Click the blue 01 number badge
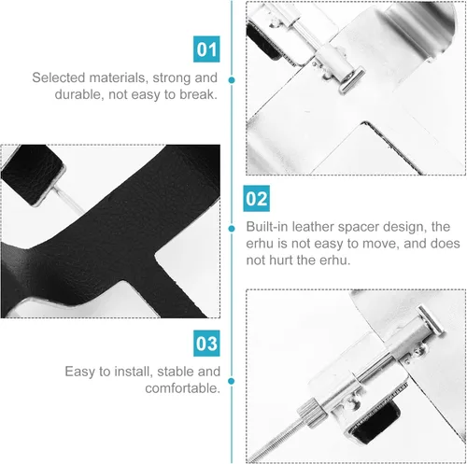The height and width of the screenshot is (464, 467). [206, 49]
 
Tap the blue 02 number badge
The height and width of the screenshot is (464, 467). [256, 199]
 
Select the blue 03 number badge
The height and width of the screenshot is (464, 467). [206, 344]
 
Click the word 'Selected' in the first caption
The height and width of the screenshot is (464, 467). [59, 77]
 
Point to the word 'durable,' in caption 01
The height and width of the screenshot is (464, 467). [79, 94]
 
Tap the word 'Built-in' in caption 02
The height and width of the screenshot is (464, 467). [267, 227]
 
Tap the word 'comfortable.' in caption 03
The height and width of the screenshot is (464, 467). [182, 388]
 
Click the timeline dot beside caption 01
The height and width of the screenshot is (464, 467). [232, 80]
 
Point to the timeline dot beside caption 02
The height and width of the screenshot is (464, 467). [232, 229]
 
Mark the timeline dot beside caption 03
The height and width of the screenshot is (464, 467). [232, 381]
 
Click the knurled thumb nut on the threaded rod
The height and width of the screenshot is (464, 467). [311, 414]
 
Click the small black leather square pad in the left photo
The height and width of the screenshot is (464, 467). [33, 174]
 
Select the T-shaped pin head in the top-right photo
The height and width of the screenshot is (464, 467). [351, 81]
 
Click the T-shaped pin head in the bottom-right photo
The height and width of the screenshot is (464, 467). [432, 319]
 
